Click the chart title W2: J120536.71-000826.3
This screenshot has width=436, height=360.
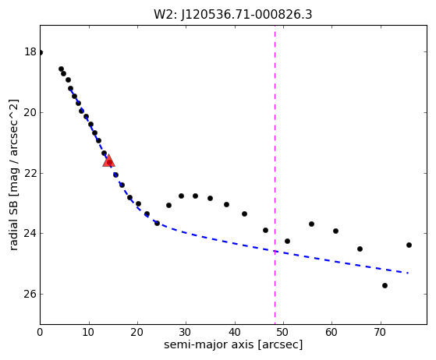pos(233,15)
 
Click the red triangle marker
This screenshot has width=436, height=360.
pos(108,161)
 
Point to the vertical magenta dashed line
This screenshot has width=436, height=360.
pos(275,175)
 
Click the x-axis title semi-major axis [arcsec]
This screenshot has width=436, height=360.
pos(233,344)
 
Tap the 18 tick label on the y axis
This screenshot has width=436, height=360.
pos(30,52)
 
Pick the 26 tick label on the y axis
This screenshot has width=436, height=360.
pos(30,294)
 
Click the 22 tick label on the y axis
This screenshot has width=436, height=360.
pos(30,173)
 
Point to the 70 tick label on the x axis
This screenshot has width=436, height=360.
pos(381,332)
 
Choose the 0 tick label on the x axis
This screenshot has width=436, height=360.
pos(40,332)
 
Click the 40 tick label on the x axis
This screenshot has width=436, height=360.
pos(235,332)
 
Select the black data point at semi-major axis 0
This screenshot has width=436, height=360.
pos(41,52)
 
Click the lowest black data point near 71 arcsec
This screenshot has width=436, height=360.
pos(385,285)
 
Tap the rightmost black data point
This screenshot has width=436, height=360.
pos(409,245)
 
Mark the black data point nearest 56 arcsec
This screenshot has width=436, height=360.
pos(311,224)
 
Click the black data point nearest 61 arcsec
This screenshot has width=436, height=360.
pos(335,231)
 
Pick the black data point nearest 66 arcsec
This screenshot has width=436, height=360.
pos(360,249)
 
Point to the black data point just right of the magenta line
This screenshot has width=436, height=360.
pos(287,241)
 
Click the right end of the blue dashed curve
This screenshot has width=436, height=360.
pos(408,273)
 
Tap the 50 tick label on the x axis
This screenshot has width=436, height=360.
pos(283,332)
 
